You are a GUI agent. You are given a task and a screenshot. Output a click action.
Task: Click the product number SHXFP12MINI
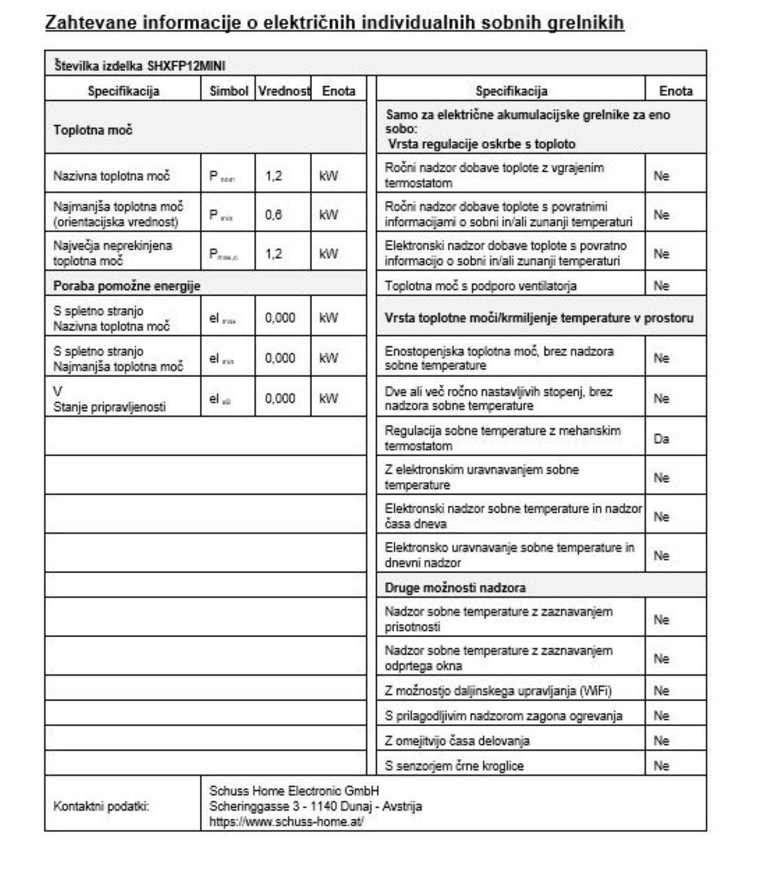point(186,66)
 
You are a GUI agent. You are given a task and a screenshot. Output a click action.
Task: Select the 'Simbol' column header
point(229,91)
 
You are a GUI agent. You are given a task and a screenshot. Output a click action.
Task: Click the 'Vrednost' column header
point(284,91)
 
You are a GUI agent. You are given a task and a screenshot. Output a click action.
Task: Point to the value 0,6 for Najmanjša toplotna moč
point(273,215)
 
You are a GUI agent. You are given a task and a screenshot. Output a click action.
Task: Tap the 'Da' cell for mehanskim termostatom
point(661,439)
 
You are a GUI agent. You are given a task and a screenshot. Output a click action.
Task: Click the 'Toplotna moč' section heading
point(93,130)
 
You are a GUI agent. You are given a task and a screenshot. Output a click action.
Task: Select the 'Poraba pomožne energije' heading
point(127,286)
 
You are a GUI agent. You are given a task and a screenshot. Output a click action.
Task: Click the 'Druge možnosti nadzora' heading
point(455,587)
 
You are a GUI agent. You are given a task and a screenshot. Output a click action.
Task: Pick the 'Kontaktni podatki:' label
point(101,806)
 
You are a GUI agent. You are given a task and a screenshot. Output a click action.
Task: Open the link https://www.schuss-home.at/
point(286,821)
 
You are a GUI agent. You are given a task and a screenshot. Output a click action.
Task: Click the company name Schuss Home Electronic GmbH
point(294,791)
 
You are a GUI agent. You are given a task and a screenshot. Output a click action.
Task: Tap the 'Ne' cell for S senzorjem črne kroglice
point(661,766)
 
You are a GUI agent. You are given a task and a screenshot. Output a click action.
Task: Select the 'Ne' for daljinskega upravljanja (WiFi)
point(661,691)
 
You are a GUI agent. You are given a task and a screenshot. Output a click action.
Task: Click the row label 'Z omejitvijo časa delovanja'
point(457,740)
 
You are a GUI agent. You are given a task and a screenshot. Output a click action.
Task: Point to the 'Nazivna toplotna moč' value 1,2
point(273,176)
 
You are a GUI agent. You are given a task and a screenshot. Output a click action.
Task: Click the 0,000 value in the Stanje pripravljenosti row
point(280,398)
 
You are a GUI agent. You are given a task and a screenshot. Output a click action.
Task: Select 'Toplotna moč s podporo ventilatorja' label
point(481,286)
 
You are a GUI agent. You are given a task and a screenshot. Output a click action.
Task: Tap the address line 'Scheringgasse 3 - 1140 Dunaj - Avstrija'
point(316,806)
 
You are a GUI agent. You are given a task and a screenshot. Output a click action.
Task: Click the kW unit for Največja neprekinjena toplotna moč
point(328,254)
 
